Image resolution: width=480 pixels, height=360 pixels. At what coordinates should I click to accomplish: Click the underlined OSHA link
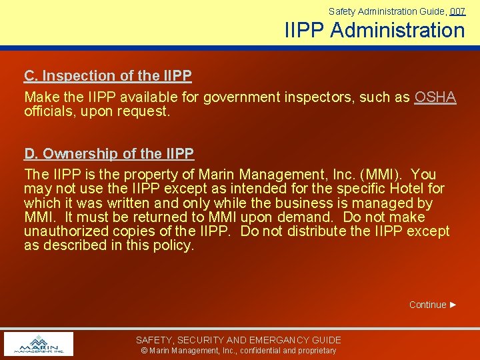point(435,97)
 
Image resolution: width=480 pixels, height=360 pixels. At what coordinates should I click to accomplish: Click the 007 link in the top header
point(457,11)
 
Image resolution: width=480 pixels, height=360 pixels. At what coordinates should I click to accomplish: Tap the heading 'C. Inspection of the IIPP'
point(108,75)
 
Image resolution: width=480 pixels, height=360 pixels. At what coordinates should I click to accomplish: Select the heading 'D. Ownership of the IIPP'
point(109,154)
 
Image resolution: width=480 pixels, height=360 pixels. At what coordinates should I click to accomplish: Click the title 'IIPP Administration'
point(375,31)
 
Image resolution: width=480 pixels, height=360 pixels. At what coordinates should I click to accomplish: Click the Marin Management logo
point(38,344)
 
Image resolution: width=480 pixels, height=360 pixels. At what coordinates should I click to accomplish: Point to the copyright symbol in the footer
point(144,351)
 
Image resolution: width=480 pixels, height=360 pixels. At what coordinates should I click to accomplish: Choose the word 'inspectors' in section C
point(319,97)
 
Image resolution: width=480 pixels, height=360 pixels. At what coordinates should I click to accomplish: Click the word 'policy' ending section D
point(173,245)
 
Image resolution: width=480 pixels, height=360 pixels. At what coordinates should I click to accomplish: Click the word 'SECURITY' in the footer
point(199,340)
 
